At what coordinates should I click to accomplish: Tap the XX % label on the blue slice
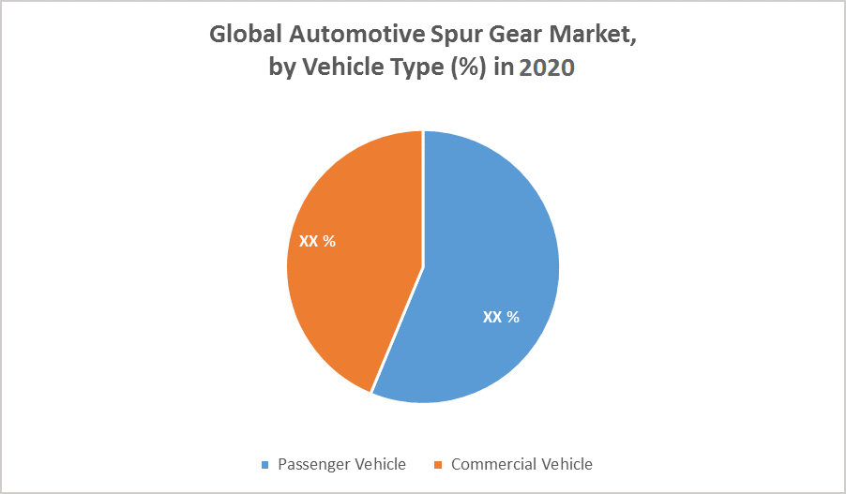tap(501, 317)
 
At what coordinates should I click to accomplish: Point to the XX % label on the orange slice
tap(317, 241)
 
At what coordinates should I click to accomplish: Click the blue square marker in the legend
tap(265, 465)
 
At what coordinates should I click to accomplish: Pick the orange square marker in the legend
tap(438, 465)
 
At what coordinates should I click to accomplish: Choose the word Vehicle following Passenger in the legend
tap(378, 464)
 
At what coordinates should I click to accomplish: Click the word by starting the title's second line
tap(282, 69)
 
